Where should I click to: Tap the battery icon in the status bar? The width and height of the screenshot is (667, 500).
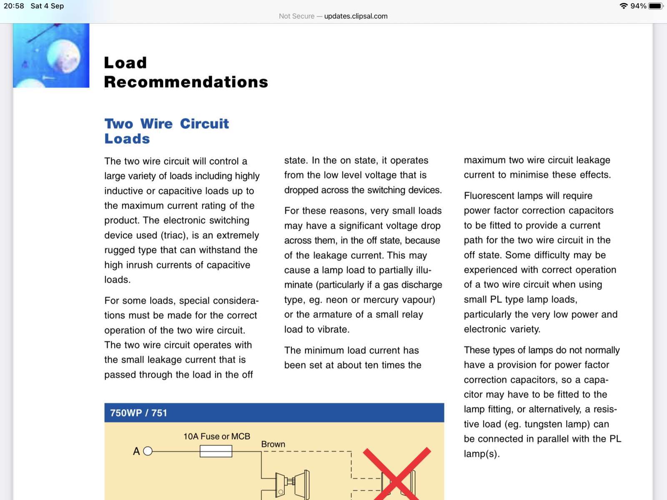(x=655, y=6)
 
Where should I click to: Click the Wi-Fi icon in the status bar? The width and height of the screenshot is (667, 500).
(x=624, y=6)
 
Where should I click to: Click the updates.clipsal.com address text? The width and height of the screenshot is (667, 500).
(x=356, y=16)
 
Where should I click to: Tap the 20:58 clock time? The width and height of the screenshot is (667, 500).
(x=14, y=6)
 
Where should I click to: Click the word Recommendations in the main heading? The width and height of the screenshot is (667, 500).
(x=186, y=82)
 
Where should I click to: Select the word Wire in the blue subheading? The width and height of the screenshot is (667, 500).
(x=156, y=124)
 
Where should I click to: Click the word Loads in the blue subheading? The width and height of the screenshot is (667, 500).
(x=127, y=139)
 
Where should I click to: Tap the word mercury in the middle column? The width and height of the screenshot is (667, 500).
(x=381, y=300)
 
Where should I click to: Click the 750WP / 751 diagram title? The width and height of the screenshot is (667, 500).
(x=138, y=413)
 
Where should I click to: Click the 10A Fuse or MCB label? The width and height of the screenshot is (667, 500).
(x=217, y=436)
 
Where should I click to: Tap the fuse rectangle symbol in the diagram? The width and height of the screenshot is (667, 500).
(x=216, y=451)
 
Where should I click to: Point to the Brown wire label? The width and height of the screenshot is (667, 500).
(x=273, y=444)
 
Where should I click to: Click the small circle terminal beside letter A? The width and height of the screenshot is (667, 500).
(x=148, y=451)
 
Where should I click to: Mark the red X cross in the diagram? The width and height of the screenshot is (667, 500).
(x=396, y=474)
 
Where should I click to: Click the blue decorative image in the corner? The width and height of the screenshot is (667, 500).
(x=51, y=55)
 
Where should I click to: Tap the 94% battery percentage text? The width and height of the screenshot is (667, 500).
(x=638, y=6)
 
